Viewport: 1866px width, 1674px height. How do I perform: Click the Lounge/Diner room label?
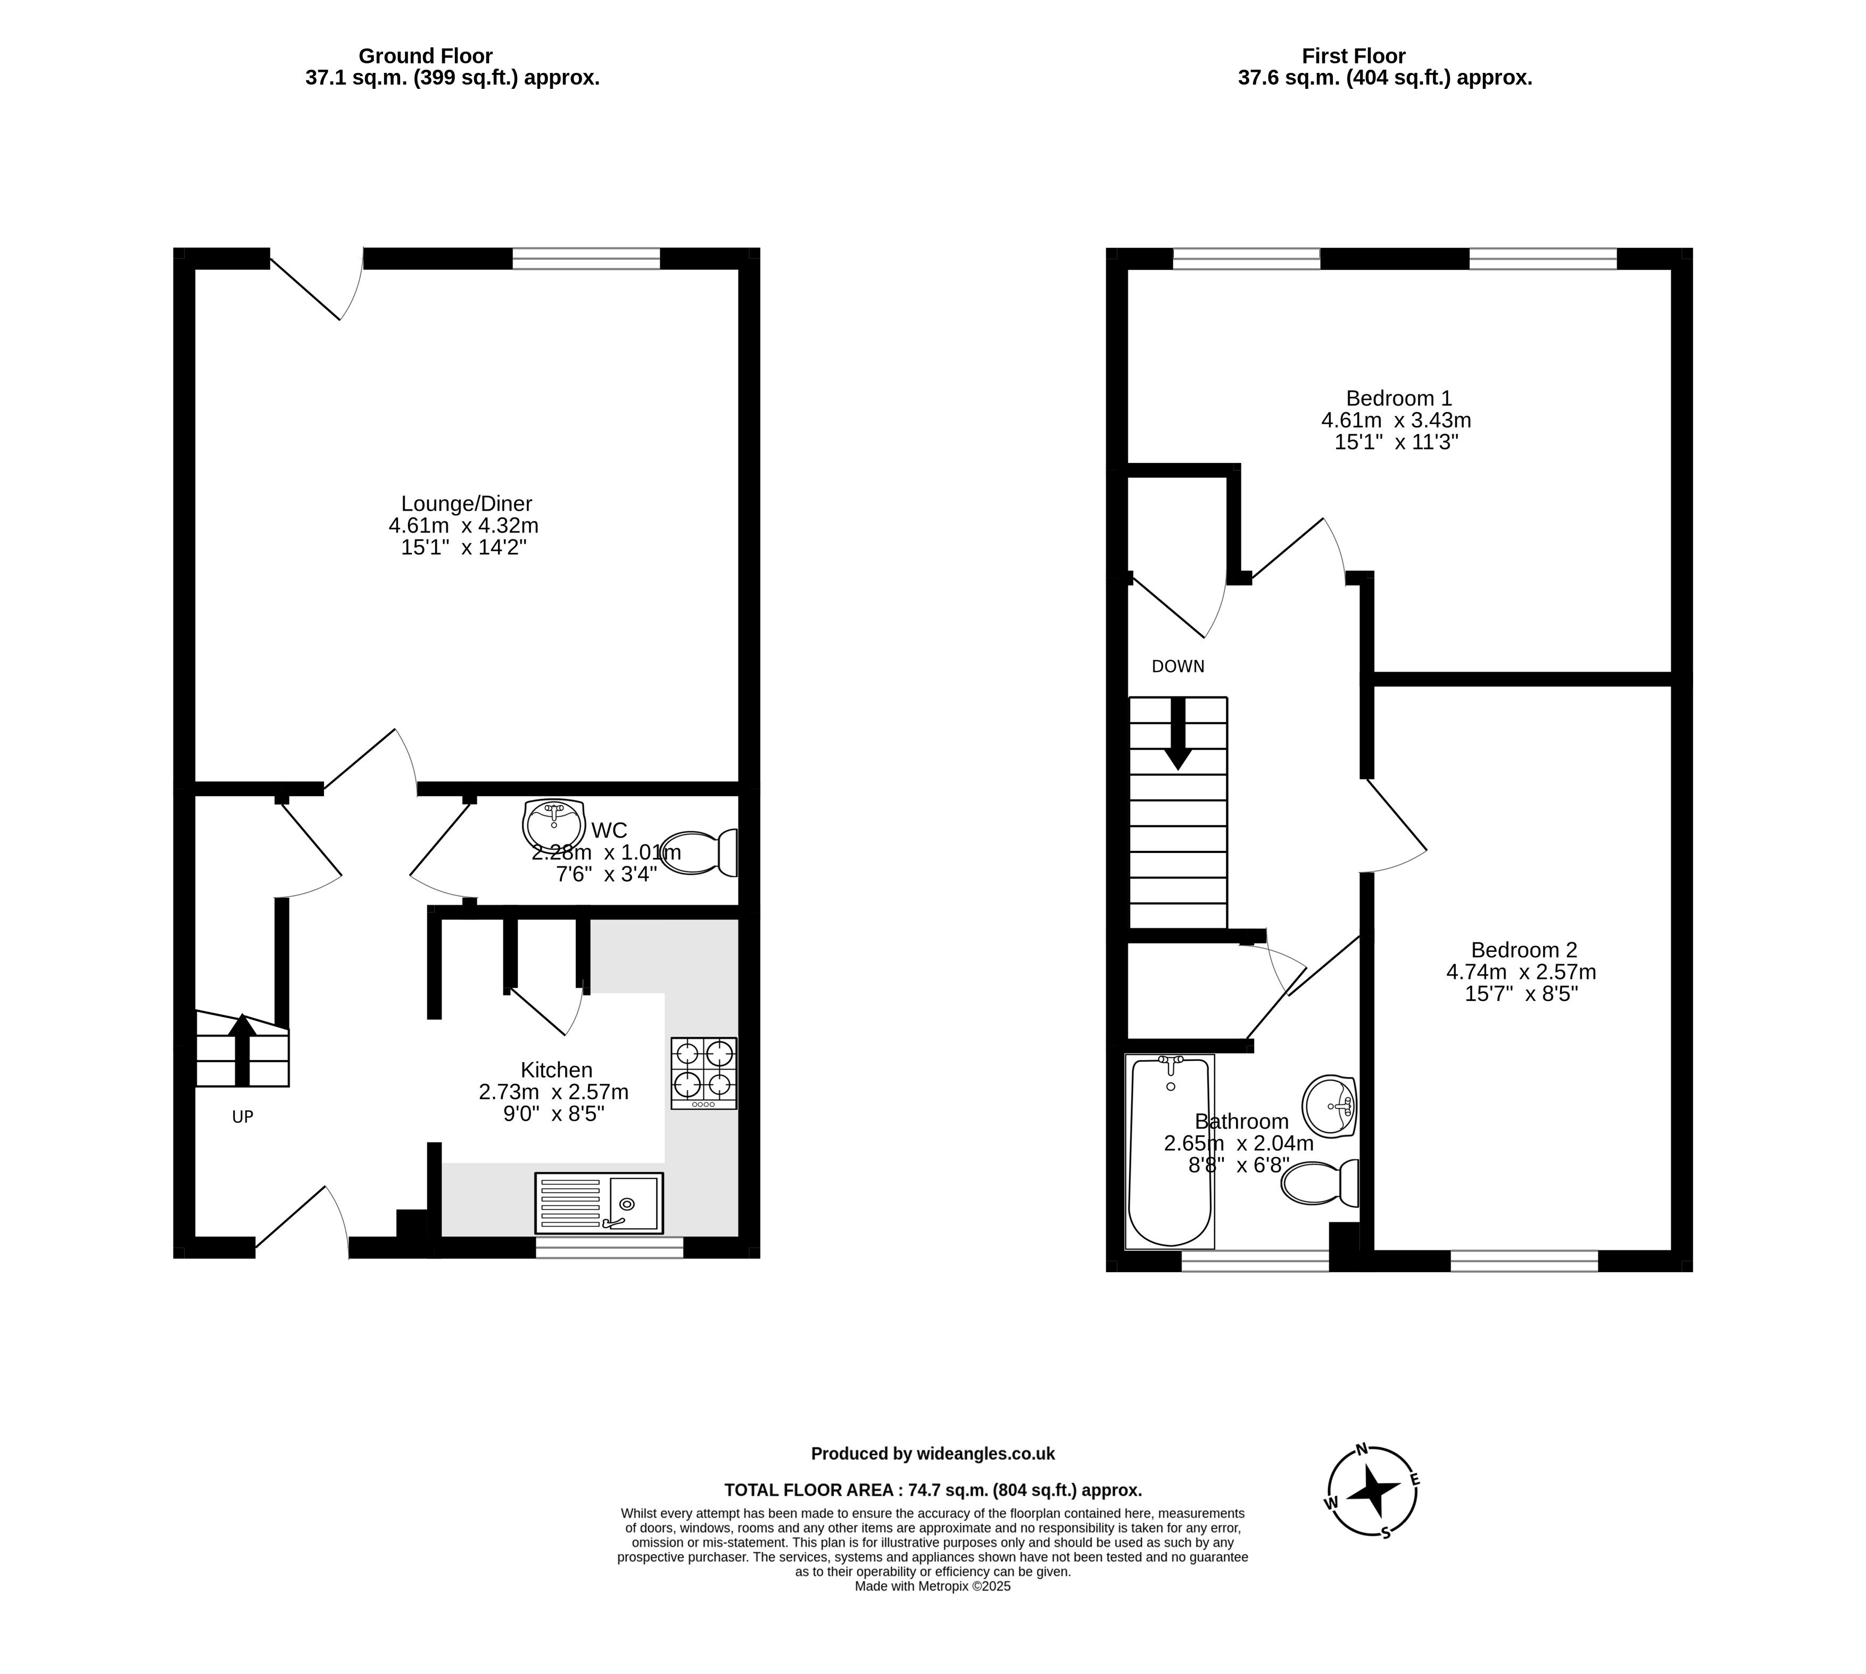click(466, 504)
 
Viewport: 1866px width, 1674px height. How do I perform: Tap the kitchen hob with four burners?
click(703, 1073)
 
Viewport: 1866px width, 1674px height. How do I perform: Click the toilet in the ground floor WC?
click(700, 852)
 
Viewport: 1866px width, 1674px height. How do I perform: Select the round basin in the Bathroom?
click(1330, 1106)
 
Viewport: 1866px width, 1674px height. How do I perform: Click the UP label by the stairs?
click(242, 1116)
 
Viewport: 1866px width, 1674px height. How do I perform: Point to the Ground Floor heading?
click(426, 56)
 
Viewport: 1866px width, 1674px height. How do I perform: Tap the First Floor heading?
click(1354, 56)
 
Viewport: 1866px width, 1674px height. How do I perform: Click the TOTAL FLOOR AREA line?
click(933, 1490)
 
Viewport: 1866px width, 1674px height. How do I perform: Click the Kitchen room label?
click(557, 1070)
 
